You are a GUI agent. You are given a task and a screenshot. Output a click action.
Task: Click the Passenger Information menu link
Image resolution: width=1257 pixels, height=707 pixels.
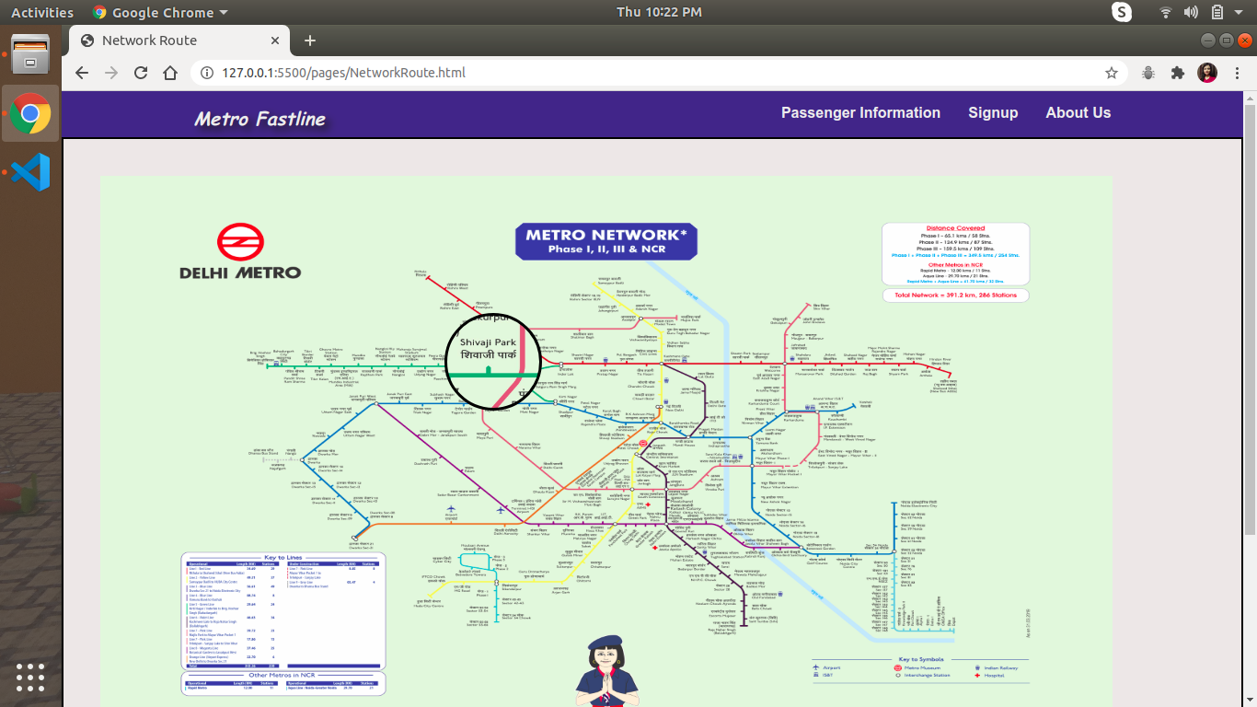[x=860, y=113]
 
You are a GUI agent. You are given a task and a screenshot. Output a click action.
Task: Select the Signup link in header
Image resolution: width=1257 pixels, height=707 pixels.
[x=993, y=113]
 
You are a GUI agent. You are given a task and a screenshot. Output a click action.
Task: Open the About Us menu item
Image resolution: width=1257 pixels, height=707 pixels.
[x=1078, y=113]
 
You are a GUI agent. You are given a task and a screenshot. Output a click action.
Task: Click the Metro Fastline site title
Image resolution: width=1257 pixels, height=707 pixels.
[x=260, y=119]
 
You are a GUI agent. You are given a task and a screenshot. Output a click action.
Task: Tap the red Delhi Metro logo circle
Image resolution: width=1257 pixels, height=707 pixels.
[x=240, y=243]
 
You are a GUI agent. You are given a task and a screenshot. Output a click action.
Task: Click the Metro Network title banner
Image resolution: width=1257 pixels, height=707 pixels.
[x=605, y=241]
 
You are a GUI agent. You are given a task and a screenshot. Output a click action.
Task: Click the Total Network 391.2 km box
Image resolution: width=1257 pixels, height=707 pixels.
[x=955, y=296]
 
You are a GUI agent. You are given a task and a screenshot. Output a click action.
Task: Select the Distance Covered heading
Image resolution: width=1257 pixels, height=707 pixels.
[x=955, y=228]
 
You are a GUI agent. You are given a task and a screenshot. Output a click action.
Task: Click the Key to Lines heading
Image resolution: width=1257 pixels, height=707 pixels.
[x=283, y=557]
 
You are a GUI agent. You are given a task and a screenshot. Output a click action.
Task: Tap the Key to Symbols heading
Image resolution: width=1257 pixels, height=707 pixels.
[x=921, y=659]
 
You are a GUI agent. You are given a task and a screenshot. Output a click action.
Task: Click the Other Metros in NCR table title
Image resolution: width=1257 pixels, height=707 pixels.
[x=283, y=676]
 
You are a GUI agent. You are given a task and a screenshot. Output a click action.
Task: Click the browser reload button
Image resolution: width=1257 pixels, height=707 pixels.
[x=141, y=73]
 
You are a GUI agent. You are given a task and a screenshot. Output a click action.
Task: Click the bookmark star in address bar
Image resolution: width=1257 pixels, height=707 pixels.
[x=1112, y=73]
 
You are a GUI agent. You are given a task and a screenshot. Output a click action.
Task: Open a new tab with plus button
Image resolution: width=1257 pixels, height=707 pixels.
[x=310, y=41]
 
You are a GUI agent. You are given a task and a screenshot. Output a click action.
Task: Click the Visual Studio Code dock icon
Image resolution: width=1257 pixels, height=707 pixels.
[x=30, y=172]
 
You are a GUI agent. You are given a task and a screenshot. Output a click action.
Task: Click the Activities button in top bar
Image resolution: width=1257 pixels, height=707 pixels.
[x=42, y=12]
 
